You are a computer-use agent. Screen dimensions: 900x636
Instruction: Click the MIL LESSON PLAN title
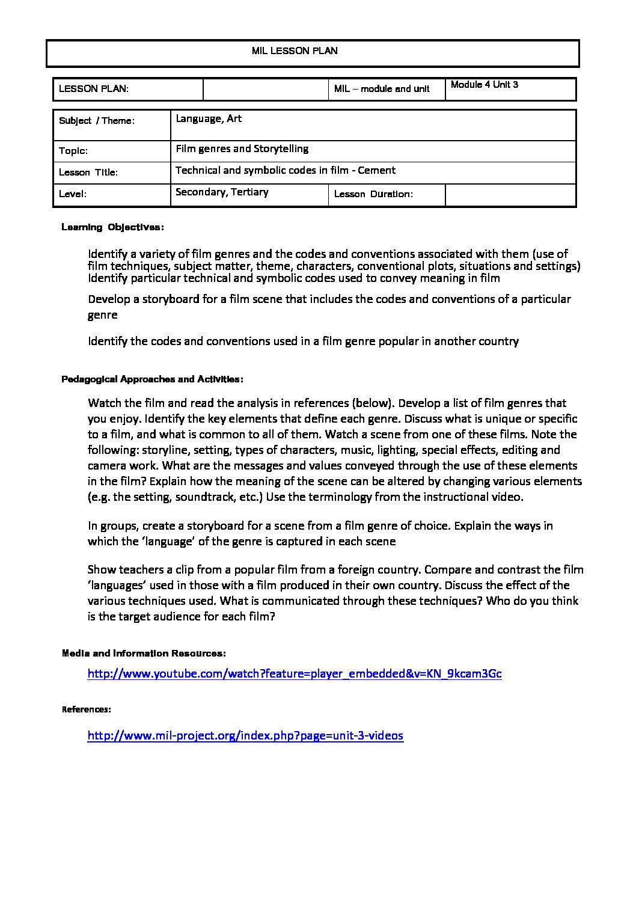[x=295, y=51]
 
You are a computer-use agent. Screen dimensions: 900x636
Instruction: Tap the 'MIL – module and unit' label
[x=382, y=89]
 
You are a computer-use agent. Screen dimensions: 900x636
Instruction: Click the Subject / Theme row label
[x=97, y=121]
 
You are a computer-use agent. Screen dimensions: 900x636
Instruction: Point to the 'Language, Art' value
[x=209, y=119]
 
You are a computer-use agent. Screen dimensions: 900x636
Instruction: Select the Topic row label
[x=73, y=151]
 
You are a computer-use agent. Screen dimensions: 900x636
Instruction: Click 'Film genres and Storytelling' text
[x=242, y=148]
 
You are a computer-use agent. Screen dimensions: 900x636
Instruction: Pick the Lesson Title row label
[x=88, y=173]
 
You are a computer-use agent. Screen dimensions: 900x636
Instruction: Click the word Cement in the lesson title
[x=376, y=170]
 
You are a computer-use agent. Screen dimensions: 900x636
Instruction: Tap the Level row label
[x=73, y=194]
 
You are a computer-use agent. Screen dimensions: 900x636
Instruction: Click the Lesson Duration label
[x=373, y=194]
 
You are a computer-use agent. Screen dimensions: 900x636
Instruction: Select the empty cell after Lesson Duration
[x=510, y=195]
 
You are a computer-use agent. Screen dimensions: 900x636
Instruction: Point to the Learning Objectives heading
[x=112, y=227]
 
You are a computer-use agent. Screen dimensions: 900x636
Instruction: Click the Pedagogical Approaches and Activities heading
[x=152, y=379]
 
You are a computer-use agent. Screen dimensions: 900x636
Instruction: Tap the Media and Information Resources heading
[x=144, y=653]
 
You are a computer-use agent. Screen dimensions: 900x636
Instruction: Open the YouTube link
[x=295, y=673]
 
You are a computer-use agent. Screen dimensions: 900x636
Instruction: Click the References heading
[x=87, y=709]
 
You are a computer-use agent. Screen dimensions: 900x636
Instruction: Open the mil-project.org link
[x=245, y=735]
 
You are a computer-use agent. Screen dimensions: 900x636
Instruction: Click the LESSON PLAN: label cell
[x=94, y=89]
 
